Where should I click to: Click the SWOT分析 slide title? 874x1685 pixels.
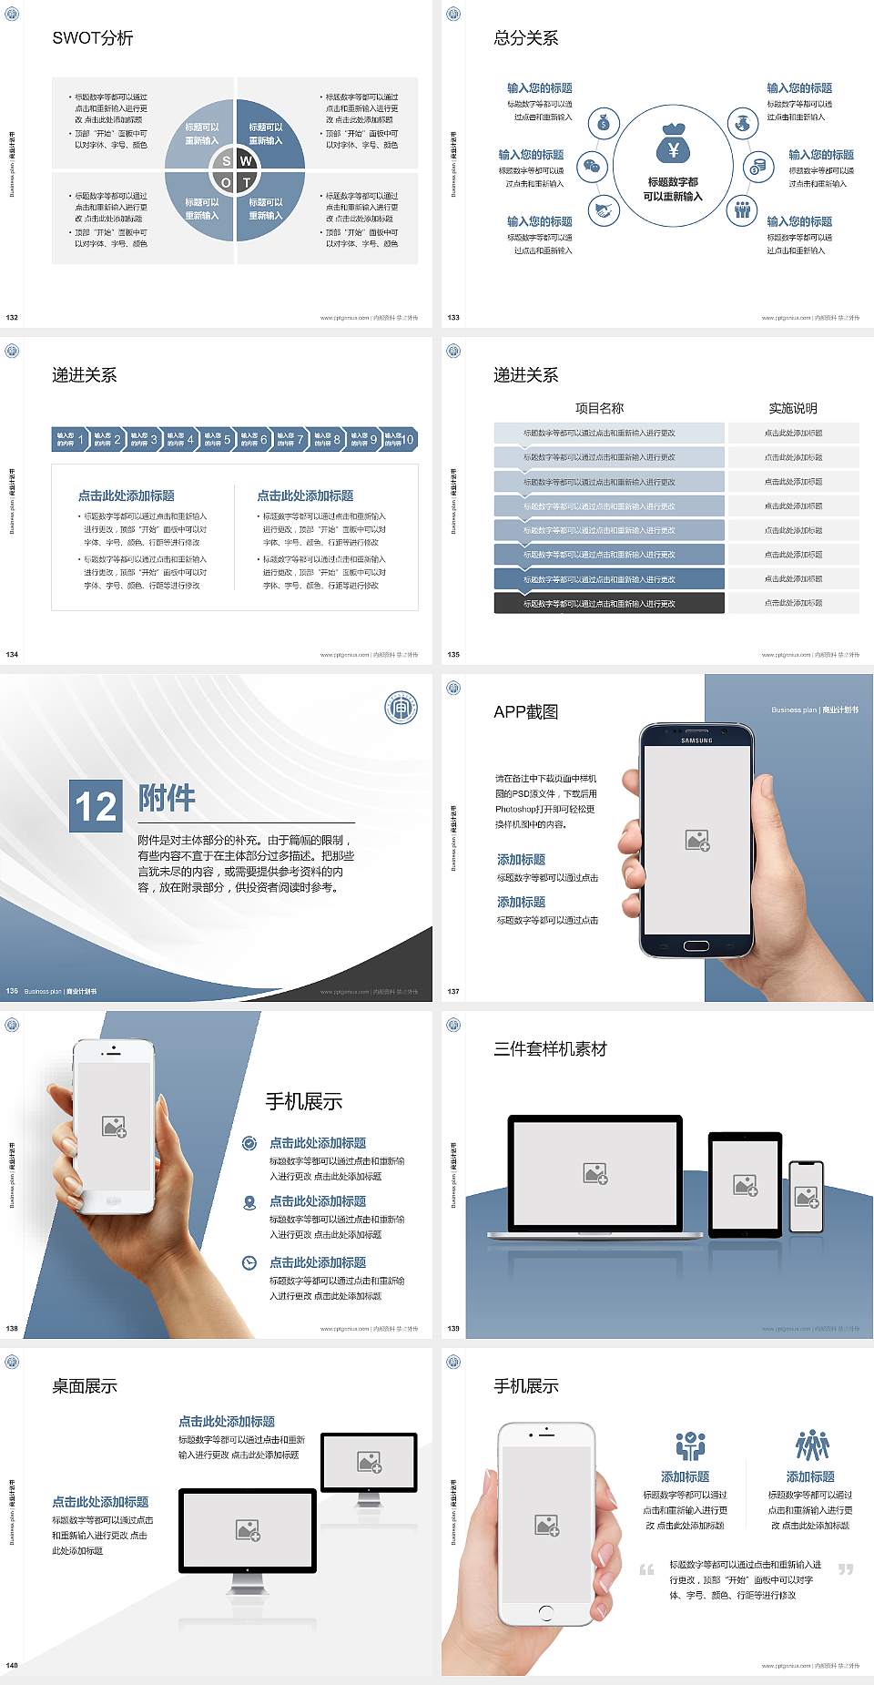coord(93,38)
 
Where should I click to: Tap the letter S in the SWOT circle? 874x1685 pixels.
coord(227,160)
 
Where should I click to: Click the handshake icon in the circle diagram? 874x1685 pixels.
coord(604,210)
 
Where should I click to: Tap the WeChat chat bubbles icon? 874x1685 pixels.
coord(593,167)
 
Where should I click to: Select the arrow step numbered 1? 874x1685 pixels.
coord(70,439)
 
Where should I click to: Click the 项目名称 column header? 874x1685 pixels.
coord(599,408)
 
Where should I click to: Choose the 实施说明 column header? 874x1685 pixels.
coord(793,408)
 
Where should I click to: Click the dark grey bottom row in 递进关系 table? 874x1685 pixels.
coord(608,603)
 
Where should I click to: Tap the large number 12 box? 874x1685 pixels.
coord(96,806)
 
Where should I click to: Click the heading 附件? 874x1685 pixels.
coord(167,798)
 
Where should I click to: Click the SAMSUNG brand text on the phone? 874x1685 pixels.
coord(696,740)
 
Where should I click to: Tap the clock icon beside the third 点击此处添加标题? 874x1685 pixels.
coord(249,1262)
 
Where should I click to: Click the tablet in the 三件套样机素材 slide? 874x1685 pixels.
coord(745,1185)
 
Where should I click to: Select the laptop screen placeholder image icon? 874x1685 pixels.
coord(595,1173)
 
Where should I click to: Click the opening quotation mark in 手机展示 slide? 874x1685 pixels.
coord(646,1569)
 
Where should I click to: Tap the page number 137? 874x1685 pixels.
coord(453,991)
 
